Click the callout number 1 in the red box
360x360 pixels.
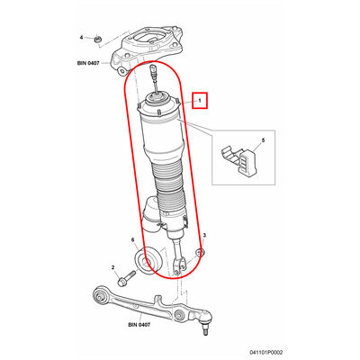(x=199, y=100)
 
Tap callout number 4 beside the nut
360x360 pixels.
(x=81, y=38)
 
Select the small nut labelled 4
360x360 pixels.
(x=97, y=39)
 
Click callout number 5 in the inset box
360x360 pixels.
(x=263, y=140)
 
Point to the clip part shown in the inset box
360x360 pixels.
(x=239, y=159)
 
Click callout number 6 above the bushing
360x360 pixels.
(x=132, y=239)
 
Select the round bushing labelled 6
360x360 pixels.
(x=148, y=259)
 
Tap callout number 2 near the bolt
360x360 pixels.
(x=113, y=267)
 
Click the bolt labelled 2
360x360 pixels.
(x=127, y=278)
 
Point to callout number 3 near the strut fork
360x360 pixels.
(x=204, y=235)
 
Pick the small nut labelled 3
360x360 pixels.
(x=200, y=253)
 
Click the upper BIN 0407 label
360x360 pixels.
(x=88, y=63)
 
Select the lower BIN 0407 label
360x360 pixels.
(x=139, y=325)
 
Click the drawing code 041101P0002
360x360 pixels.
(x=266, y=353)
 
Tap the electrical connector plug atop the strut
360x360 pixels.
(x=153, y=71)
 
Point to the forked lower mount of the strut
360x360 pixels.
(x=180, y=262)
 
